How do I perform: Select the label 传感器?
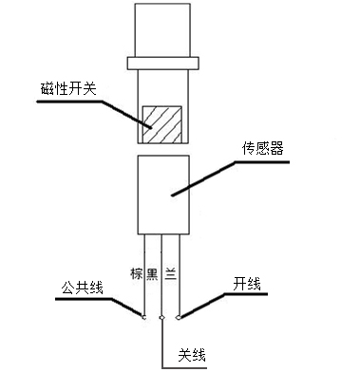[261, 151]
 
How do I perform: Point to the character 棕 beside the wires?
[136, 272]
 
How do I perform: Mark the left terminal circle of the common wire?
[144, 316]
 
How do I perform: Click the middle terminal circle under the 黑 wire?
[162, 317]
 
